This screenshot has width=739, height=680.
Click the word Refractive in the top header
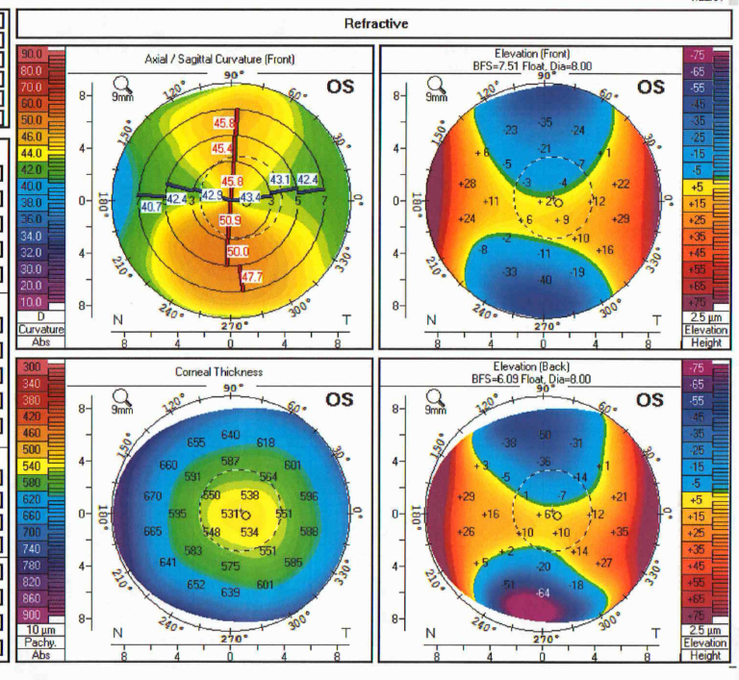[x=375, y=23]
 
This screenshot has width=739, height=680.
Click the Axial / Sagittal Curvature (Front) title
[x=219, y=60]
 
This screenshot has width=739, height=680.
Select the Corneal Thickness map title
[x=219, y=371]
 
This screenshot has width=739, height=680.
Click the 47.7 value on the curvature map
[x=251, y=277]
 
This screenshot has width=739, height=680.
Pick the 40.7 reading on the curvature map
[x=151, y=207]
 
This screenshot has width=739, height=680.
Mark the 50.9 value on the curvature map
[x=231, y=220]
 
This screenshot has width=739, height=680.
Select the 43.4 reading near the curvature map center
[x=250, y=197]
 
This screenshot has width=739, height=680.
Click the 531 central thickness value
[x=230, y=514]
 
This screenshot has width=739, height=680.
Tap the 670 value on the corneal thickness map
[x=151, y=496]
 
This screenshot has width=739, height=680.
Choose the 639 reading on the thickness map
[x=231, y=592]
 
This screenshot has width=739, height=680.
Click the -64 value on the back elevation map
[x=544, y=592]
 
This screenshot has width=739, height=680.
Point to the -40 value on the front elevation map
[x=544, y=280]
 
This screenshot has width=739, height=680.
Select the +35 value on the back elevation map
[x=620, y=532]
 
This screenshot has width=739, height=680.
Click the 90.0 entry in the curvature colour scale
[x=31, y=54]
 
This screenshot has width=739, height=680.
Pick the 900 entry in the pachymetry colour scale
[x=31, y=615]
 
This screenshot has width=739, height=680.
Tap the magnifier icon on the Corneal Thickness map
[x=121, y=396]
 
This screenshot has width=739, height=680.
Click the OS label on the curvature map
[x=340, y=88]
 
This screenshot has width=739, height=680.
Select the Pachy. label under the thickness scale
[x=31, y=642]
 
